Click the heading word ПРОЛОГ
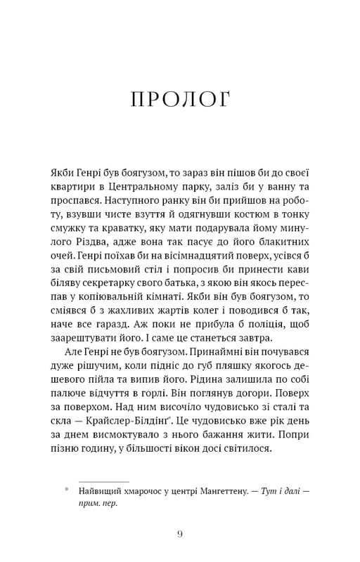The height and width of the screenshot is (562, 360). [180, 100]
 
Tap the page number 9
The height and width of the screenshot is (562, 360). [180, 535]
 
